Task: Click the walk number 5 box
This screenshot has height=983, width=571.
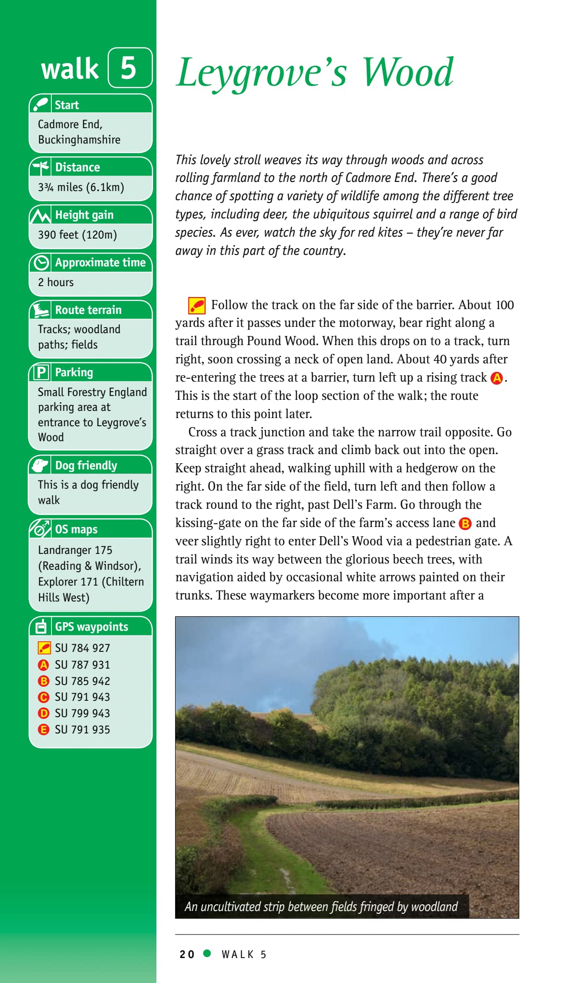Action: point(130,68)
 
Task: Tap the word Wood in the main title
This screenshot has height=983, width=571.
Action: point(407,72)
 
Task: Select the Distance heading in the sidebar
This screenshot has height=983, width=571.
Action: point(77,167)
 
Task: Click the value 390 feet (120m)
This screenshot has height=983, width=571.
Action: point(77,235)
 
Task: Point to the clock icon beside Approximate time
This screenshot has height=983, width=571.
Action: point(41,263)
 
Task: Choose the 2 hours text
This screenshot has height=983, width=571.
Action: point(56,282)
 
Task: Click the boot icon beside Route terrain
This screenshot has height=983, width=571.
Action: point(41,310)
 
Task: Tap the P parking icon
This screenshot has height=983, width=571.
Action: point(41,372)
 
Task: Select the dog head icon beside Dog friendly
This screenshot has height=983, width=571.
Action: point(40,465)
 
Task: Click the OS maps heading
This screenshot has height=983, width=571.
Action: point(76,529)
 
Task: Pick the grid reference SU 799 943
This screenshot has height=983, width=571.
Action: point(82,713)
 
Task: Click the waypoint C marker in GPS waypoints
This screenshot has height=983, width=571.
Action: point(44,697)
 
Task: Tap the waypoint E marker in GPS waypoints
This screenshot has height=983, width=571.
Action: point(44,730)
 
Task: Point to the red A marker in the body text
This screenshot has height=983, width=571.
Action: point(497,378)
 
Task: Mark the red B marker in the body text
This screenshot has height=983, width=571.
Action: point(465,523)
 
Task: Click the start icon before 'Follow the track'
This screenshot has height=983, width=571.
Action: point(197,305)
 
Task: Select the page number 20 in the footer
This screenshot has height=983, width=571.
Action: point(187,954)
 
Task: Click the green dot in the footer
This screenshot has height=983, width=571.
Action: point(207,953)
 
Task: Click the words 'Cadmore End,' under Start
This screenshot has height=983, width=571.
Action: point(70,124)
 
